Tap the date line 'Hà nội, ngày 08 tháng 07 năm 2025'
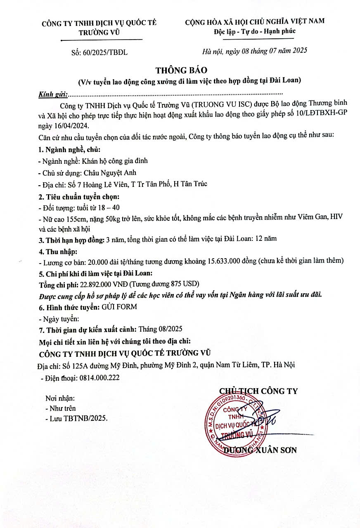(x=255, y=51)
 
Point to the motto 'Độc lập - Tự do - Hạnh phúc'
(x=254, y=31)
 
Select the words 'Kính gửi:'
(x=53, y=94)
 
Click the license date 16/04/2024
(x=71, y=125)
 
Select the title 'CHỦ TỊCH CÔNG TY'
(x=258, y=391)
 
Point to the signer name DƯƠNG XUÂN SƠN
(x=260, y=450)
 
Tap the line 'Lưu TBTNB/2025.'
(x=78, y=418)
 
